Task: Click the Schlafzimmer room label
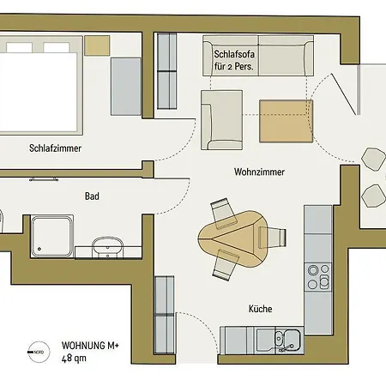(x=55, y=148)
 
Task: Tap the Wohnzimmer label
(x=259, y=172)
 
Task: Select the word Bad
(x=92, y=196)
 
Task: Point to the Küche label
(x=260, y=309)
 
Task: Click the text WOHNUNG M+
(x=90, y=346)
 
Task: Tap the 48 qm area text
(x=74, y=359)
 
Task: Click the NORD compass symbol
(x=39, y=352)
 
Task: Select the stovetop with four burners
(x=318, y=277)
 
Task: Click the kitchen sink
(x=287, y=340)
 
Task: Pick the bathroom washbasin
(x=107, y=247)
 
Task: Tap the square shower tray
(x=51, y=236)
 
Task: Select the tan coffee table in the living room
(x=286, y=121)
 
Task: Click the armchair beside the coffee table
(x=221, y=120)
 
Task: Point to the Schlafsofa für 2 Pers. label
(x=234, y=60)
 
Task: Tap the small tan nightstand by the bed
(x=97, y=45)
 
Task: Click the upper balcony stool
(x=373, y=160)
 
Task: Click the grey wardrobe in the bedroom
(x=126, y=87)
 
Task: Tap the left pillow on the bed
(x=19, y=47)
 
